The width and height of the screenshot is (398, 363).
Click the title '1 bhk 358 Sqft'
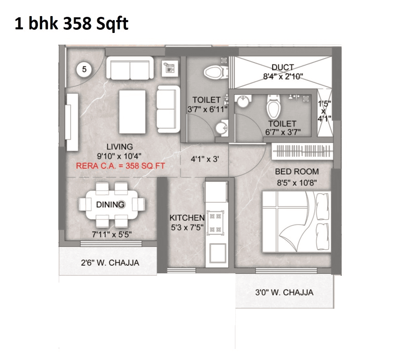[x=71, y=24]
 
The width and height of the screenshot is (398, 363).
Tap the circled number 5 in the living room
[x=84, y=69]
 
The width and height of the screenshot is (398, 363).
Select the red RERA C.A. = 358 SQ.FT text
[x=121, y=166]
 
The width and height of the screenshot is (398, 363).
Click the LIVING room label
[x=120, y=147]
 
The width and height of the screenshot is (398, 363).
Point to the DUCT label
[x=283, y=68]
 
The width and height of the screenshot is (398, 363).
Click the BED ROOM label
[x=297, y=172]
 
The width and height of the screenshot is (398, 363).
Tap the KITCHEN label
[x=187, y=217]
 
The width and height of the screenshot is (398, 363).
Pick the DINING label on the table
[x=110, y=204]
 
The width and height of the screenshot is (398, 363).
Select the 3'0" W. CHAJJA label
[x=284, y=292]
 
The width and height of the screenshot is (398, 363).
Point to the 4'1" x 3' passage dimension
[x=204, y=159]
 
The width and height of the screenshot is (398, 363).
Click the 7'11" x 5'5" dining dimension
[x=111, y=234]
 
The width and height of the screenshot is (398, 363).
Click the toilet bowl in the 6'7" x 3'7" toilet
[x=274, y=107]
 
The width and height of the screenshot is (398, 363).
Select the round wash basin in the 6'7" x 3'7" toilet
[x=243, y=101]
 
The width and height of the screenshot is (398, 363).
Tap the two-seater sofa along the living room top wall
[x=130, y=69]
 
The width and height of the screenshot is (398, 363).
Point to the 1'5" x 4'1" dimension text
[x=324, y=111]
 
